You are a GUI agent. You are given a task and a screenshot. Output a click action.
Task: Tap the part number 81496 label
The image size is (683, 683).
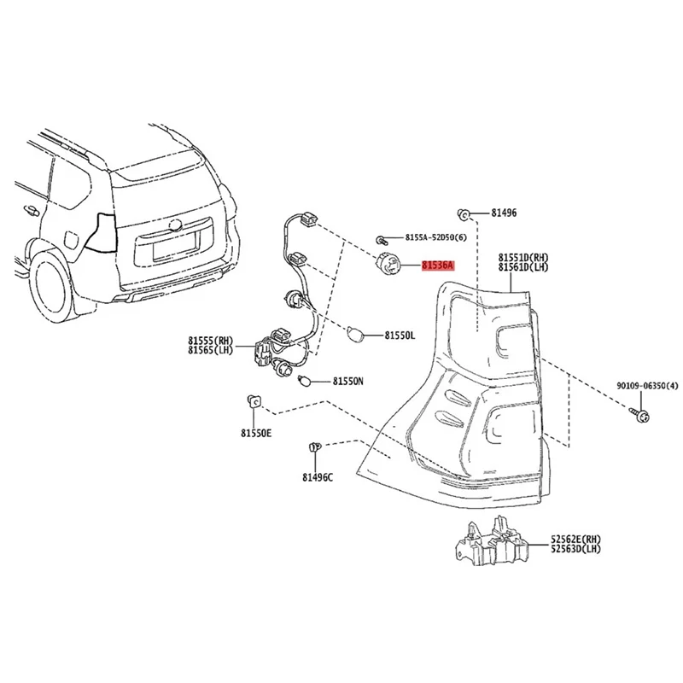[504, 213]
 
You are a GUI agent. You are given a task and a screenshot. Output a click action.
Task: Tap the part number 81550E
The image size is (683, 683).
[255, 434]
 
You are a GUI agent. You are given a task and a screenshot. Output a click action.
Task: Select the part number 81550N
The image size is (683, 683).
[348, 381]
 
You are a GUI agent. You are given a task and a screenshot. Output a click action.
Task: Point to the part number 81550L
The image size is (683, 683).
[399, 336]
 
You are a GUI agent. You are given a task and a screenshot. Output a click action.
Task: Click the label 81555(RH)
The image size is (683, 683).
[211, 340]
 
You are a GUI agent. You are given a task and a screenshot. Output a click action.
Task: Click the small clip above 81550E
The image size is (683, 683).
[254, 400]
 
